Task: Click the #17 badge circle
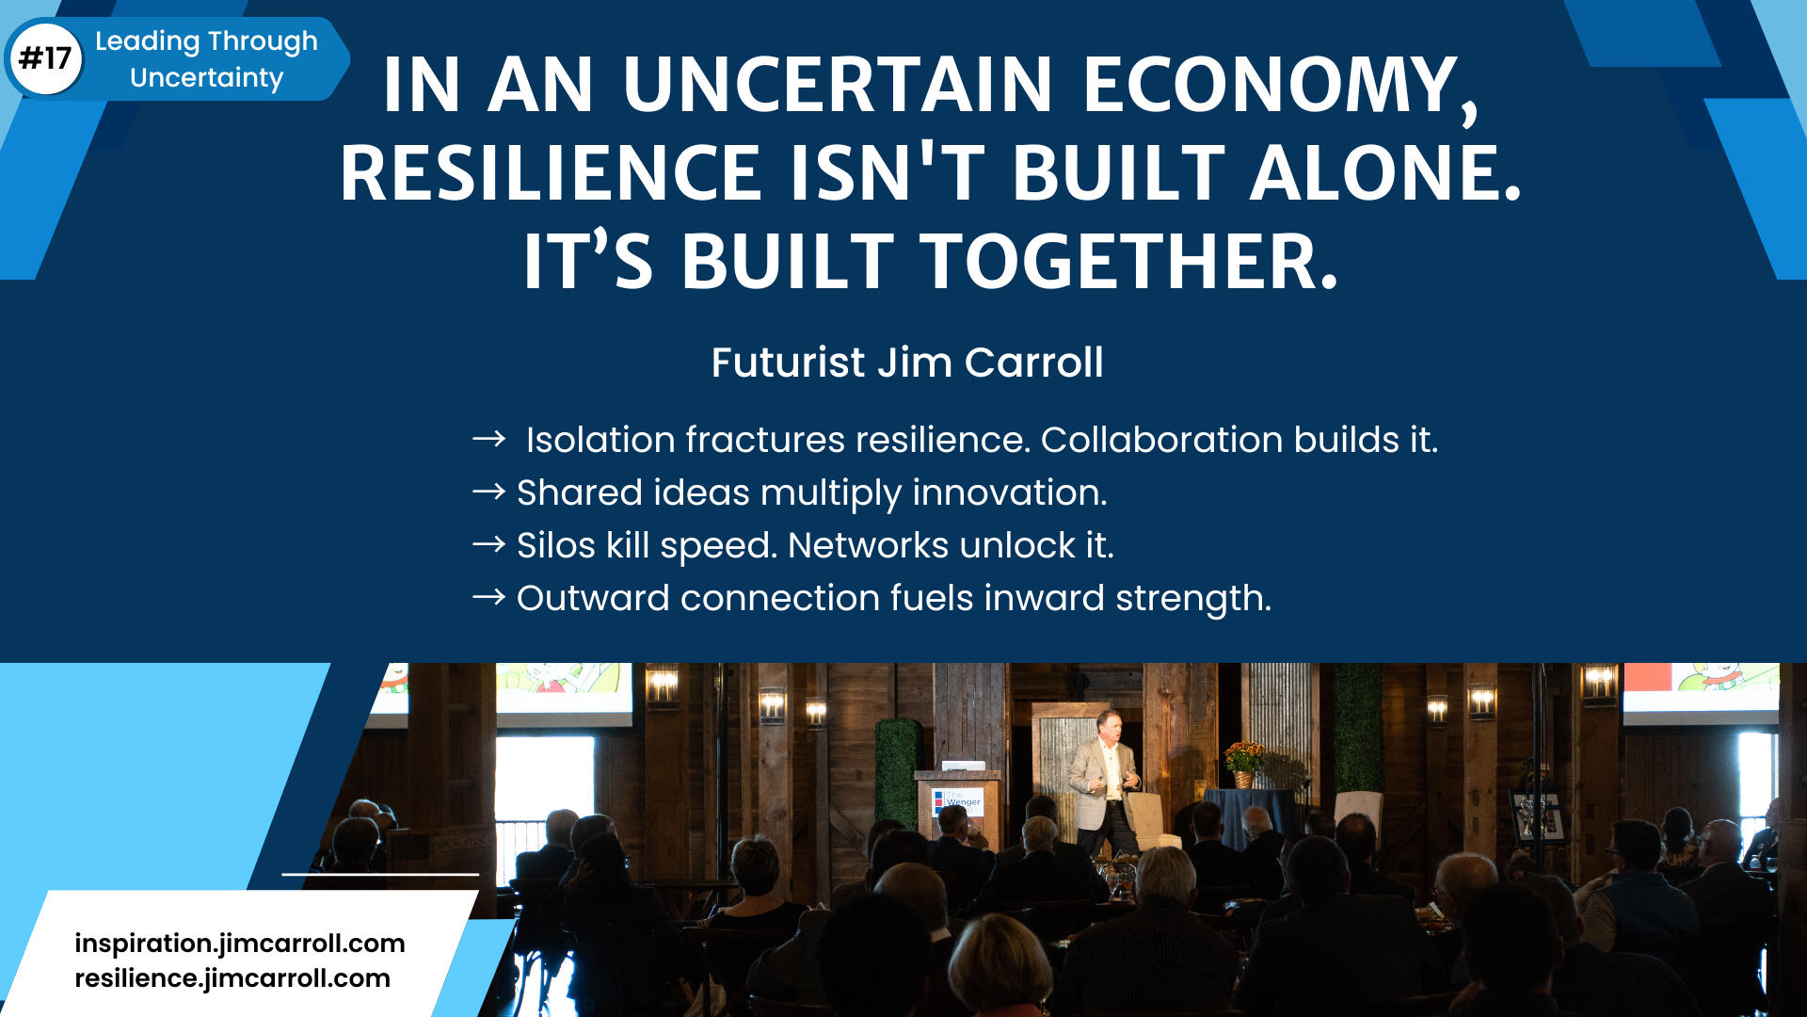[45, 58]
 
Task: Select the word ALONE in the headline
[1384, 173]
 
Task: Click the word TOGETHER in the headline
[1128, 262]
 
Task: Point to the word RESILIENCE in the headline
[551, 173]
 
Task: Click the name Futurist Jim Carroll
[907, 363]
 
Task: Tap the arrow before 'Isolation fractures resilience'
[488, 439]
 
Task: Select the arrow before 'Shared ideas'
[488, 492]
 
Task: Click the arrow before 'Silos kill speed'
[488, 544]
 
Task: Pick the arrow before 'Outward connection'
[488, 597]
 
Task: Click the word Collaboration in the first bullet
[1161, 440]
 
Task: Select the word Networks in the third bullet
[868, 545]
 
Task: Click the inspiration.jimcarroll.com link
[240, 944]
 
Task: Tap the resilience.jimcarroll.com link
[232, 978]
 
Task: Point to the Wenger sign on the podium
[957, 801]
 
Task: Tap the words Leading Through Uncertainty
[206, 58]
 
